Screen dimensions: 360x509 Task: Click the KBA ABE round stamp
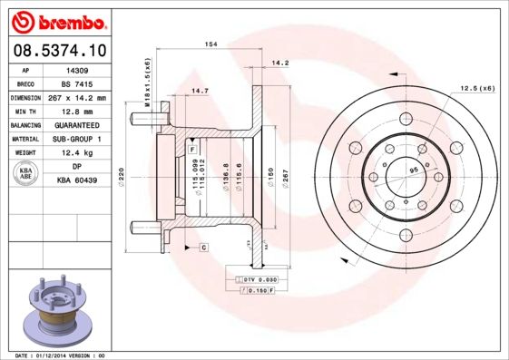click(26, 174)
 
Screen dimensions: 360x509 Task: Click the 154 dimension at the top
click(210, 44)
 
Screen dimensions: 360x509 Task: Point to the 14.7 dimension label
click(200, 91)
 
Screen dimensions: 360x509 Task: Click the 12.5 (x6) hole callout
click(476, 88)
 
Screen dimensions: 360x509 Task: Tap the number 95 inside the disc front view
click(413, 170)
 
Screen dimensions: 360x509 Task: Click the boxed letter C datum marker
click(204, 247)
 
